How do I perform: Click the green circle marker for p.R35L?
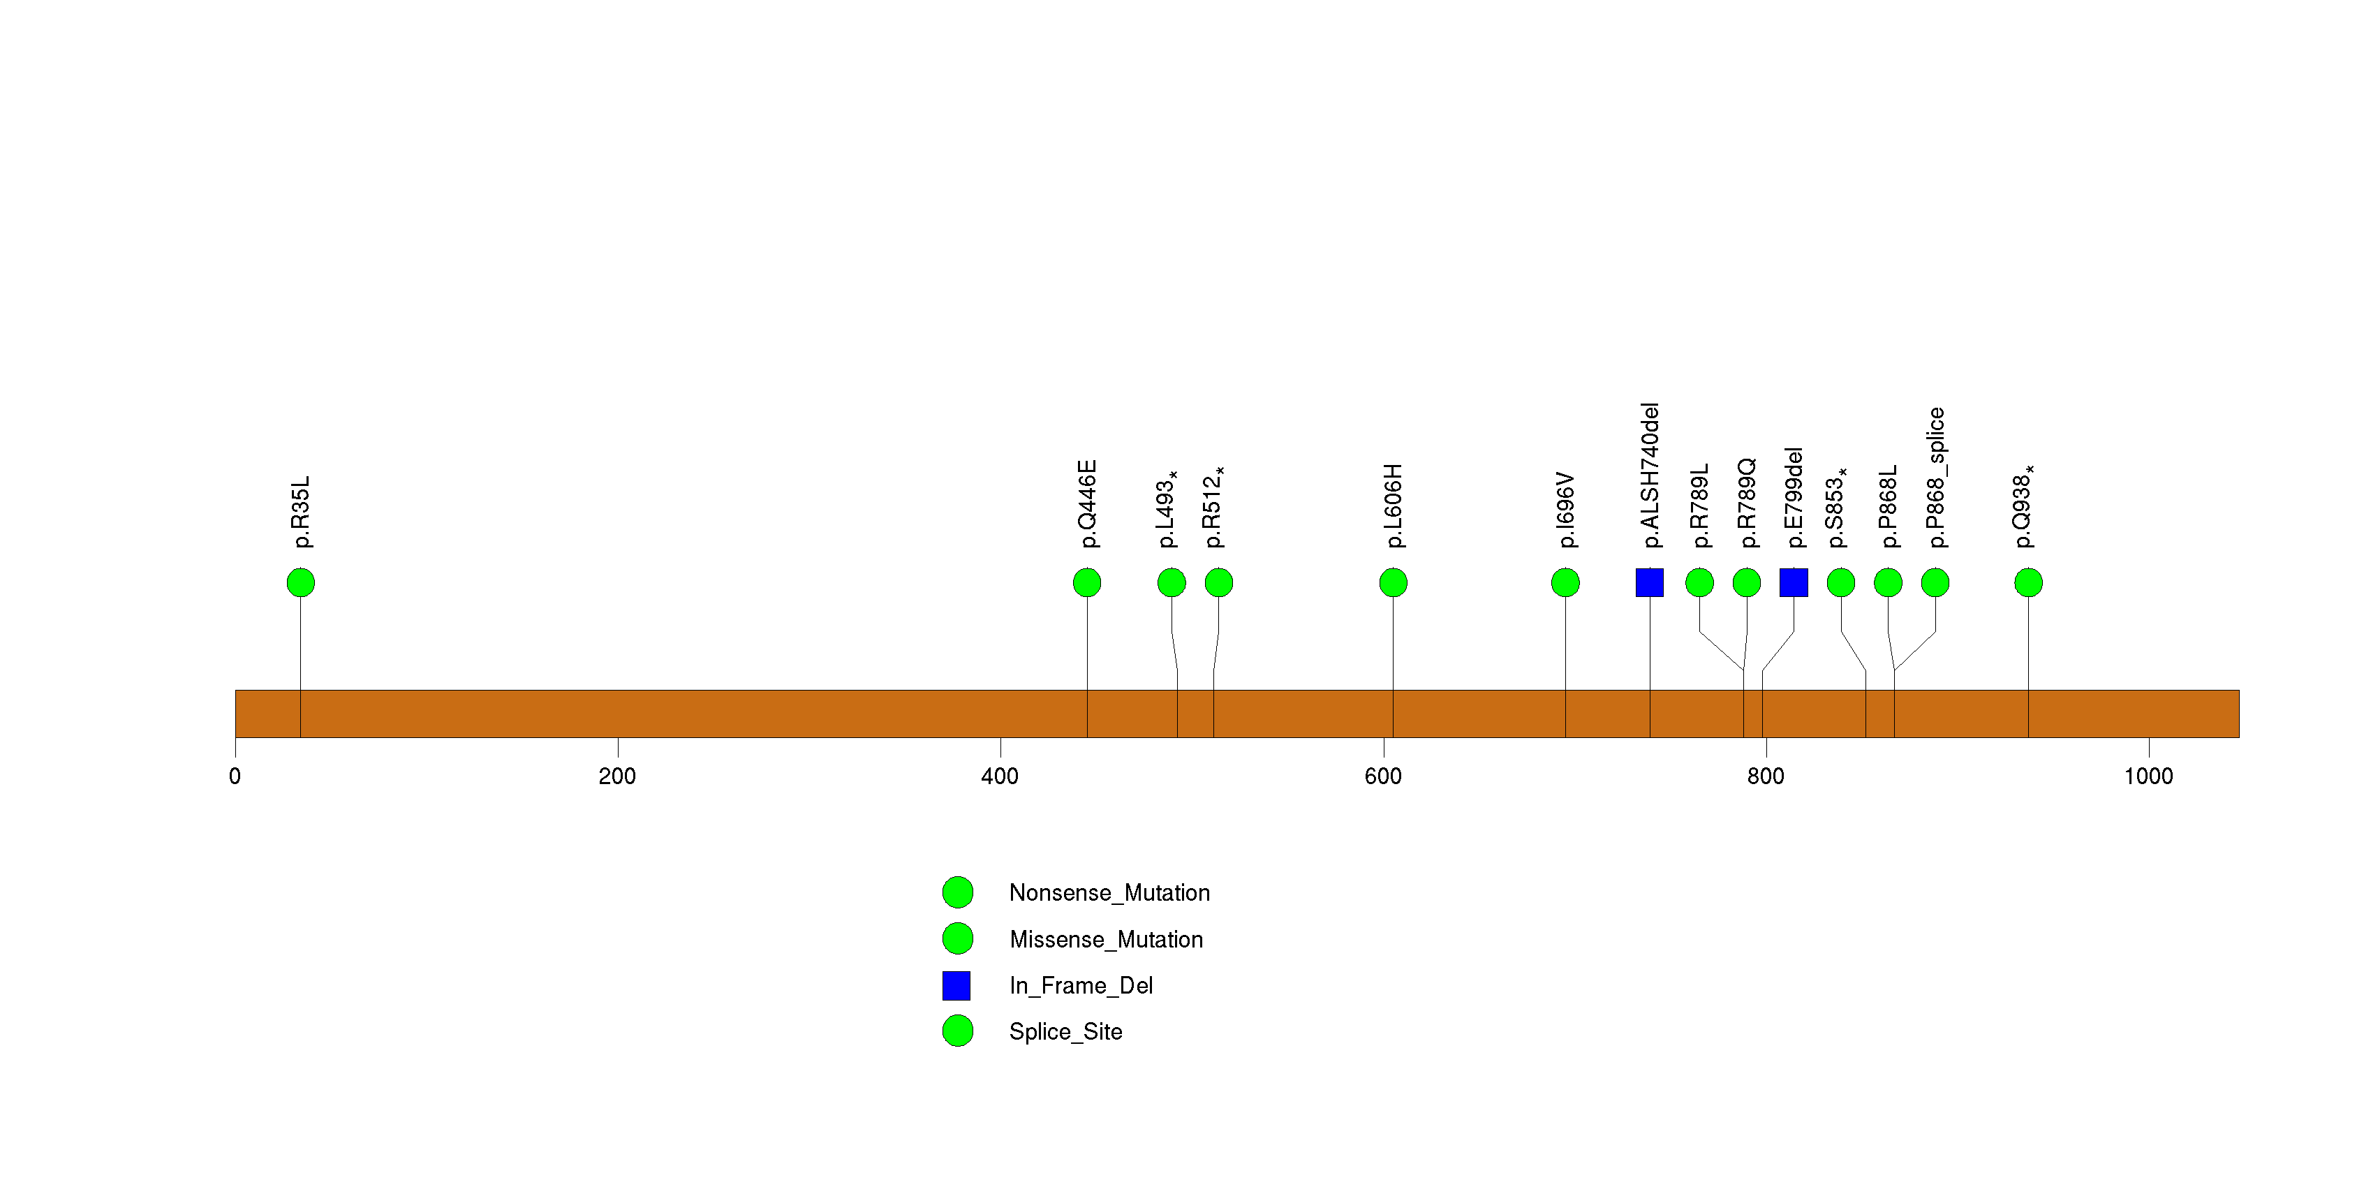[x=300, y=583]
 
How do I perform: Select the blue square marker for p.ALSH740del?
[x=1649, y=583]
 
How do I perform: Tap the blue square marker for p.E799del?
[x=1794, y=583]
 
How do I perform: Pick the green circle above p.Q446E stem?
[x=1086, y=583]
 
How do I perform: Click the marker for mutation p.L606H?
[x=1393, y=583]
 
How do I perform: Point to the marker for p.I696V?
[x=1565, y=583]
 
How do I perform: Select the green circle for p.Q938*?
[x=2027, y=583]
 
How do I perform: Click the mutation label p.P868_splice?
[x=1935, y=478]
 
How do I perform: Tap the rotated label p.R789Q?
[x=1746, y=503]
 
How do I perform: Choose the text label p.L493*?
[x=1167, y=510]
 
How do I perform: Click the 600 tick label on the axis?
[x=1382, y=776]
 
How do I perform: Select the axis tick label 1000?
[x=2148, y=776]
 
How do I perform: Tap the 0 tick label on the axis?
[x=235, y=776]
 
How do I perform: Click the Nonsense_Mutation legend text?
[x=1109, y=893]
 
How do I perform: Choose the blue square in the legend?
[x=956, y=985]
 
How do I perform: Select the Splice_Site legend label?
[x=1065, y=1032]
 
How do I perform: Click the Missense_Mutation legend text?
[x=1105, y=939]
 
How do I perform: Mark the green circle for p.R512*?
[x=1218, y=583]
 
